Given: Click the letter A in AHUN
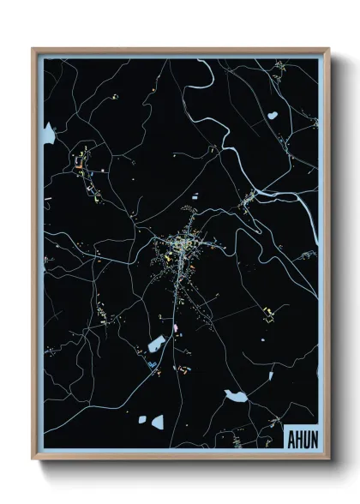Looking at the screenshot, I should pos(291,435).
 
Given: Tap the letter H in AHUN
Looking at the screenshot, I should pos(299,435).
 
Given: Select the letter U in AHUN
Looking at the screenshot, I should pos(307,435).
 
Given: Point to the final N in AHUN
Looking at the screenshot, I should pos(315,435).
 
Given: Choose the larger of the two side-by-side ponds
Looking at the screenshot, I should pos(157,421).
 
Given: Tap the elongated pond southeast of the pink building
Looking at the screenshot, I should pos(233,395).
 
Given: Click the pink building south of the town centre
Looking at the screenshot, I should pos(176,327).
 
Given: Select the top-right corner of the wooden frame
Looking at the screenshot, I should pos(328,50).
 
